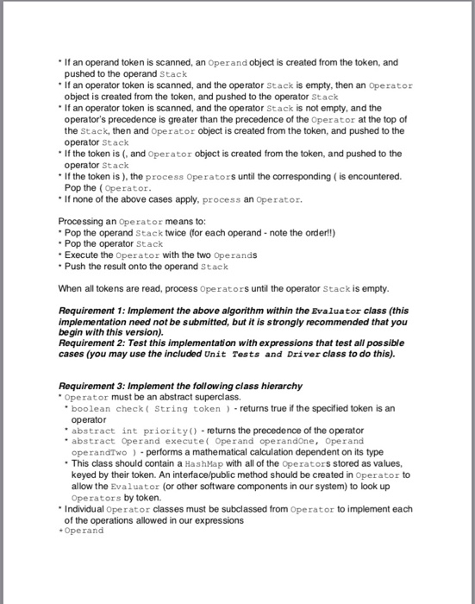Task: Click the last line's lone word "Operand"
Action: (x=84, y=531)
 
